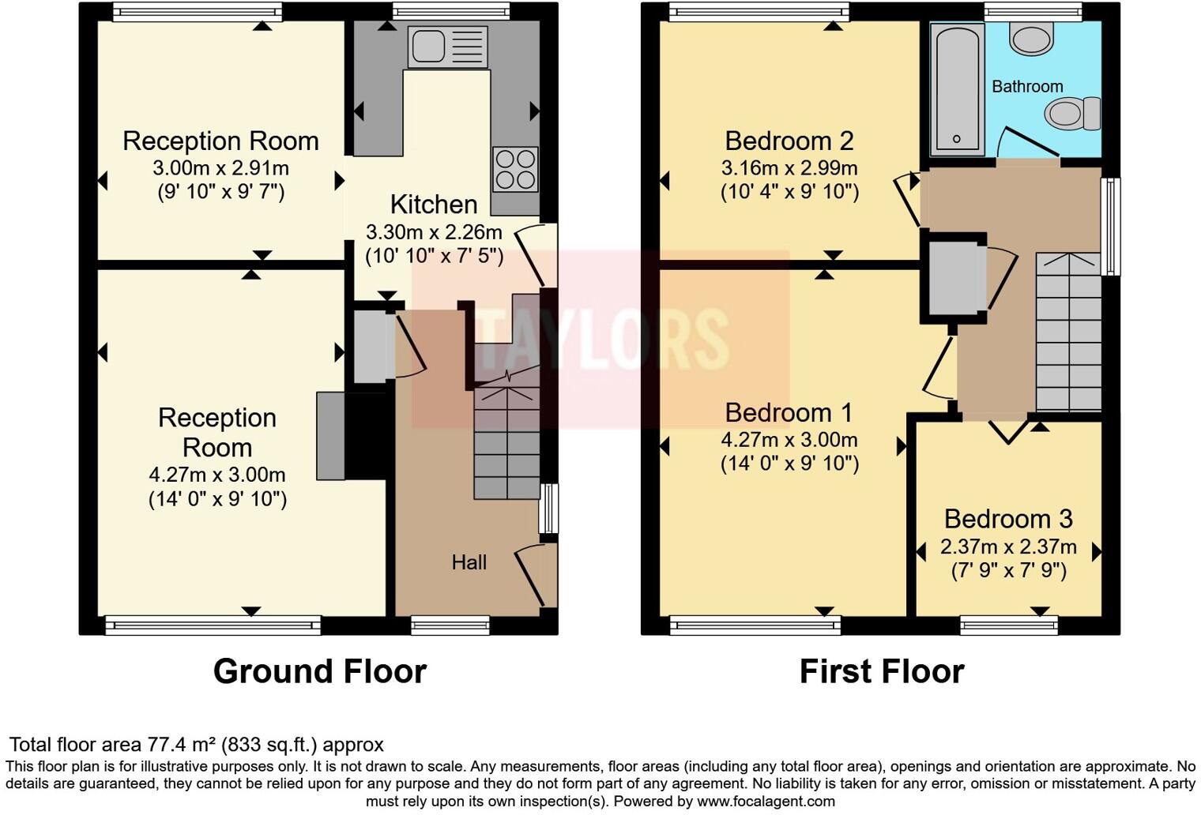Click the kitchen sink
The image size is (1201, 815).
click(447, 46)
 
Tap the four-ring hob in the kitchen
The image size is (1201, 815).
click(515, 170)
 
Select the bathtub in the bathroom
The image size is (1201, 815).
click(957, 88)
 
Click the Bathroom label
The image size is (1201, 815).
click(1026, 87)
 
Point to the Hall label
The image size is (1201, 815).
click(469, 562)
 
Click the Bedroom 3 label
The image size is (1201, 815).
click(1008, 519)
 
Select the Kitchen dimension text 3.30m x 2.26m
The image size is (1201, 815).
click(433, 232)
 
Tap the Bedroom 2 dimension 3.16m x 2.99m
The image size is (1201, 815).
click(789, 168)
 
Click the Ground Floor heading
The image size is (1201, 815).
click(319, 671)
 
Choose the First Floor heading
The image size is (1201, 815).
click(882, 671)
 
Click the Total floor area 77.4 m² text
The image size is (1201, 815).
click(196, 745)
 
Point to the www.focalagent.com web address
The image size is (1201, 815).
click(764, 802)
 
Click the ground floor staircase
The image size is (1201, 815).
click(506, 442)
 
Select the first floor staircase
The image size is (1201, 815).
click(1068, 332)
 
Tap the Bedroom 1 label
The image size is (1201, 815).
click(789, 412)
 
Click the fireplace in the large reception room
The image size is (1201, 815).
click(330, 436)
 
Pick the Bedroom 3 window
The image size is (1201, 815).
click(1008, 625)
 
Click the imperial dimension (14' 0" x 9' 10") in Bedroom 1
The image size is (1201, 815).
click(789, 464)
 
